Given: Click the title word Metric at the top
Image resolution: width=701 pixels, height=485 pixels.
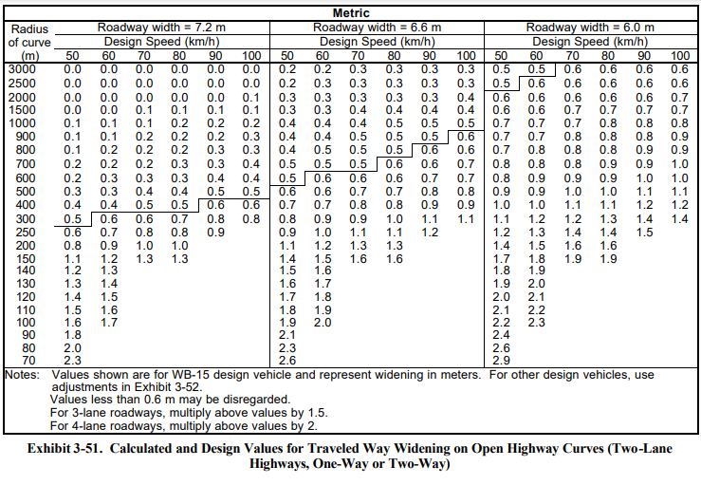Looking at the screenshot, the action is [x=351, y=13].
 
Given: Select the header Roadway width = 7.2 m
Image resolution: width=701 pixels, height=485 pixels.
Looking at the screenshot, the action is [x=161, y=28].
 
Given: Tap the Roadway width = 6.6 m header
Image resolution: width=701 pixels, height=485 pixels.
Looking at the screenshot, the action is [x=377, y=28].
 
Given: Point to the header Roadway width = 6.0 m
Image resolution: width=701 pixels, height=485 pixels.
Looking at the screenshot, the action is [x=590, y=28].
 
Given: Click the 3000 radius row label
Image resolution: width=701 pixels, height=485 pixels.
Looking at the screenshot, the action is [x=22, y=69].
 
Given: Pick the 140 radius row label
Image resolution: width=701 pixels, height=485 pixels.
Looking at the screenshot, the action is [x=26, y=270].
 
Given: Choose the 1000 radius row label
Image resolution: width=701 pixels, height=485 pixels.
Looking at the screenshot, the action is [x=22, y=123].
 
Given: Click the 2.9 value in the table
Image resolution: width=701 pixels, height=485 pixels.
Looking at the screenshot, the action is [x=501, y=361].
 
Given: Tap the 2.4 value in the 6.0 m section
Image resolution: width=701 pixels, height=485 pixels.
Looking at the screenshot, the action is [x=501, y=335].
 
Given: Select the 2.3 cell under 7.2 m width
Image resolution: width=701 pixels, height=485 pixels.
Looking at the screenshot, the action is [x=72, y=361].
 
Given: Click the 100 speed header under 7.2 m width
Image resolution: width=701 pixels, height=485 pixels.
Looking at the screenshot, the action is [x=251, y=56].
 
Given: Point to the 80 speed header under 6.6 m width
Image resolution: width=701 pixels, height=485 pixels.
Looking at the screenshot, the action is [x=394, y=56].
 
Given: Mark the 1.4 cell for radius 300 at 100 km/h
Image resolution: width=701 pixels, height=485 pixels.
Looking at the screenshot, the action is [x=679, y=219].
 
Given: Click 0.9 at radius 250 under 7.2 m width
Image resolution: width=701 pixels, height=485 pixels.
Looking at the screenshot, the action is [x=215, y=233].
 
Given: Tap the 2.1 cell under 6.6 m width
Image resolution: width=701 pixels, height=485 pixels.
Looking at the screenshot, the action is [x=287, y=335].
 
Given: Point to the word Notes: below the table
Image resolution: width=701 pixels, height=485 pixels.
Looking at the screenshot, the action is [x=22, y=375].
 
